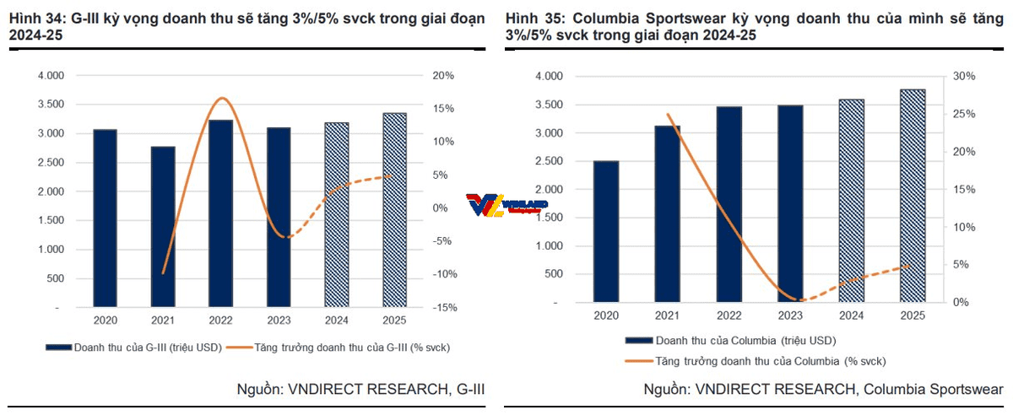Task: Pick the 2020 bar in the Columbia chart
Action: coord(605,231)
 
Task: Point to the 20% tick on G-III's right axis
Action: coord(443,76)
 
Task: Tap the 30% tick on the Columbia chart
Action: coord(964,76)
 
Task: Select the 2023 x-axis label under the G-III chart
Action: coord(278,321)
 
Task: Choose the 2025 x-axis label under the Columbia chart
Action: coord(912,315)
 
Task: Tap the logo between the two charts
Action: coord(506,205)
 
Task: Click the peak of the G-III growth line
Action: coord(223,98)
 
